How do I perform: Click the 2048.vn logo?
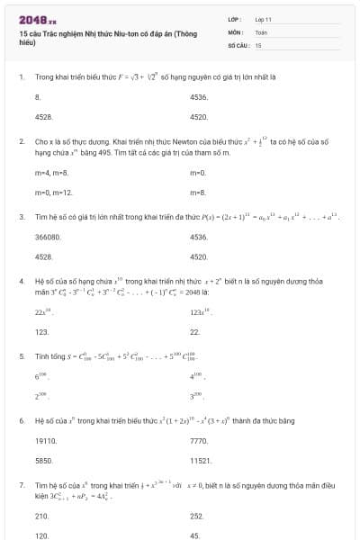(x=37, y=18)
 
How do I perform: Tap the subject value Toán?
(x=261, y=31)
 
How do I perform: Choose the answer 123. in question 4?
(x=41, y=331)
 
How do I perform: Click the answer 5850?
(x=43, y=460)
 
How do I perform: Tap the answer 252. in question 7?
(x=197, y=516)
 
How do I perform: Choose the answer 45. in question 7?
(x=195, y=535)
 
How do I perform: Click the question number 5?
(x=21, y=355)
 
